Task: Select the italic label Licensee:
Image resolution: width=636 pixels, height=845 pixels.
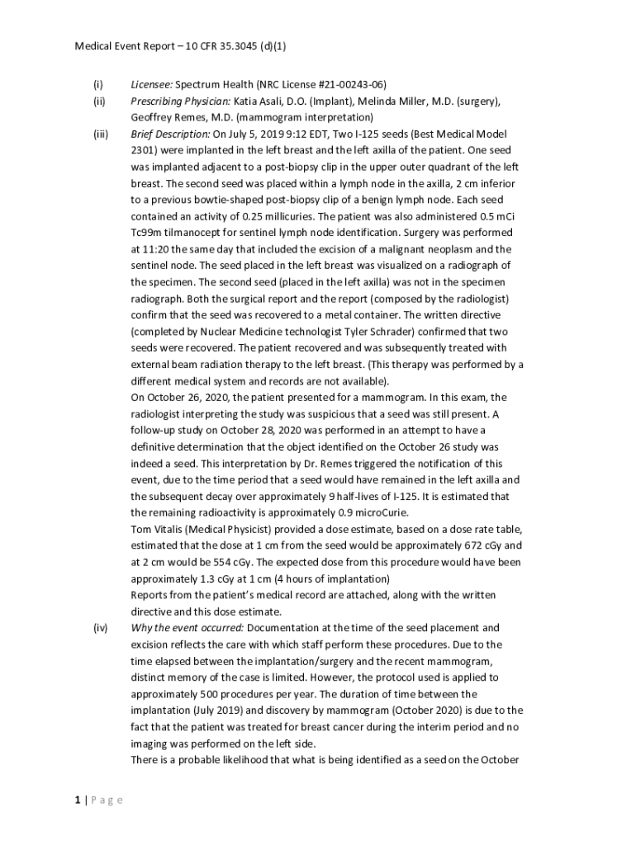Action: click(151, 84)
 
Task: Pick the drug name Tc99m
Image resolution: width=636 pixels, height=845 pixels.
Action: click(148, 233)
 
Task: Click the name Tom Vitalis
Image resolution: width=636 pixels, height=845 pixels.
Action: click(161, 529)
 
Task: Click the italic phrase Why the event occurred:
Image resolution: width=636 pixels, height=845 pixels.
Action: click(186, 628)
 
